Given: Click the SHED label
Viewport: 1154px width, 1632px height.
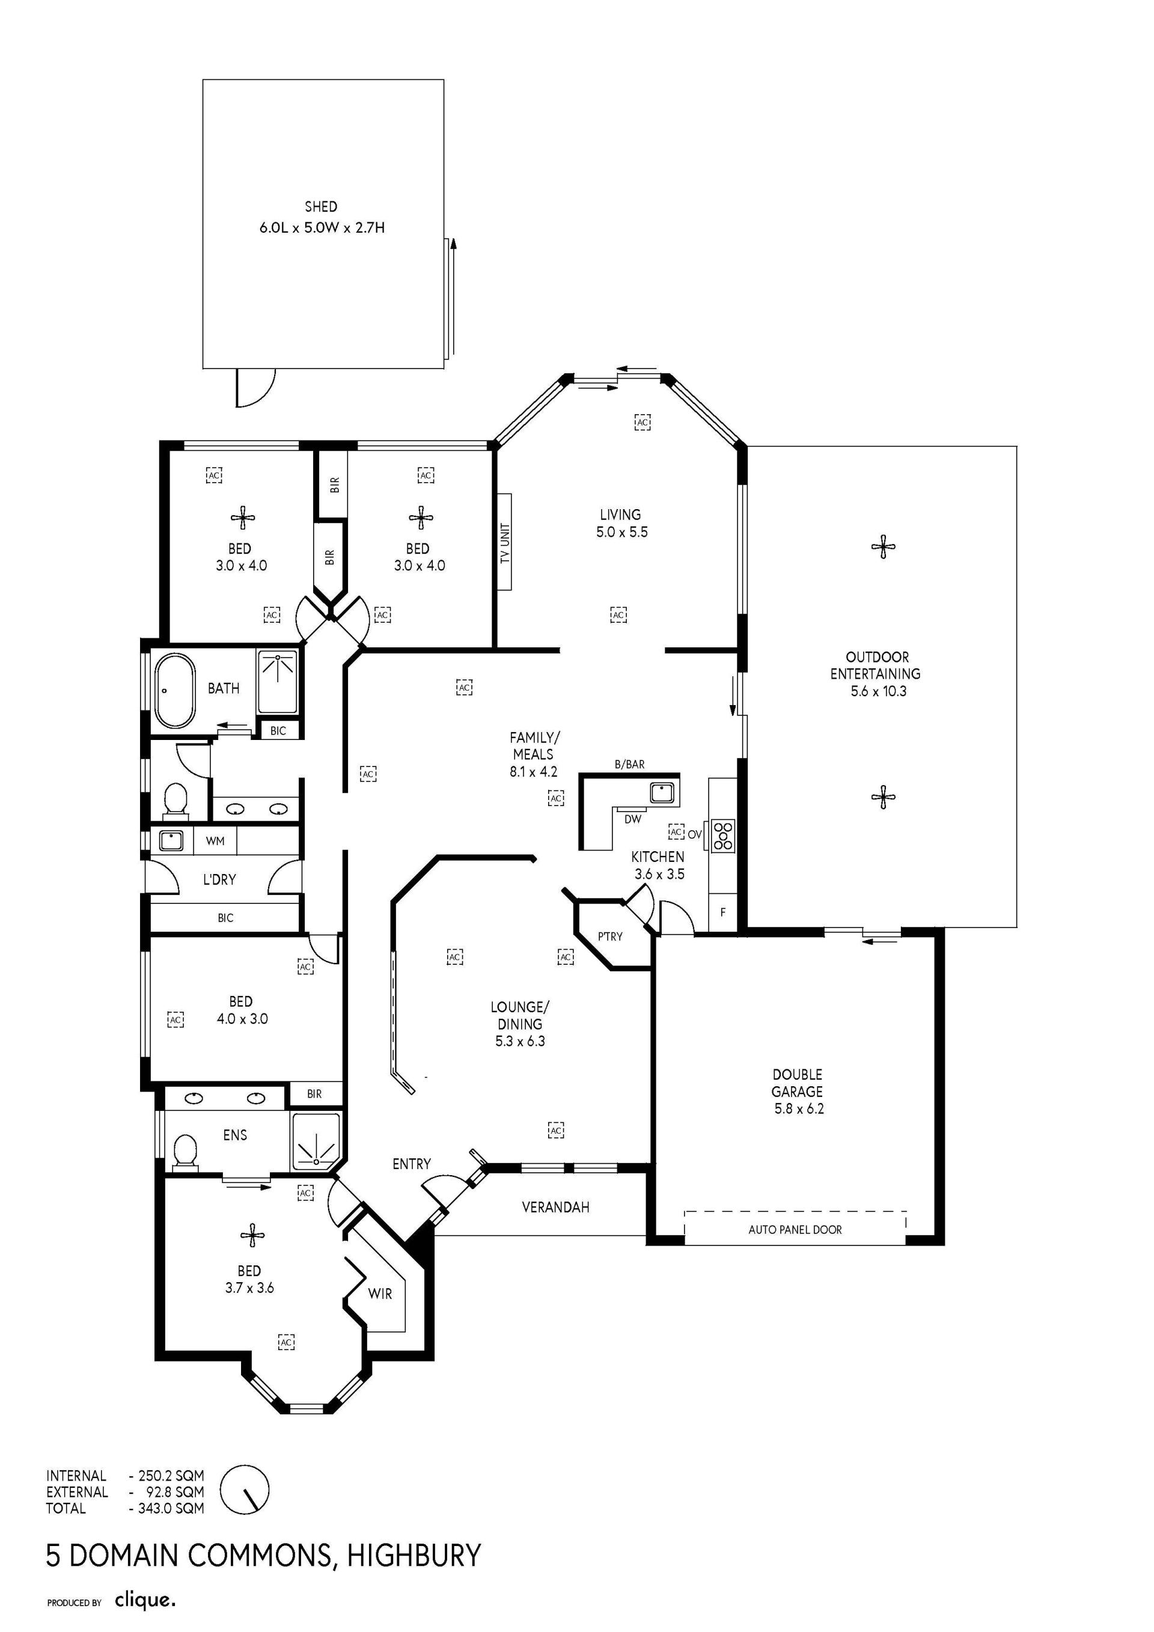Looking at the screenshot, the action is coord(320,207).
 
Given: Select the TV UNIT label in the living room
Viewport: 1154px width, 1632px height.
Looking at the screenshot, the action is coord(505,543).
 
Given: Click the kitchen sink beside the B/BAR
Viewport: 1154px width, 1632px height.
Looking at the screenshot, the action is coord(662,791).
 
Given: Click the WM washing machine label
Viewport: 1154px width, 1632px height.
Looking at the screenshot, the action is coord(215,841).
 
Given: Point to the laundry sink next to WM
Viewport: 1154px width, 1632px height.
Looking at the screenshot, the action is coord(171,841).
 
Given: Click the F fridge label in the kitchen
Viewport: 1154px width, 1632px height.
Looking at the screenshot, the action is coord(722,912).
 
